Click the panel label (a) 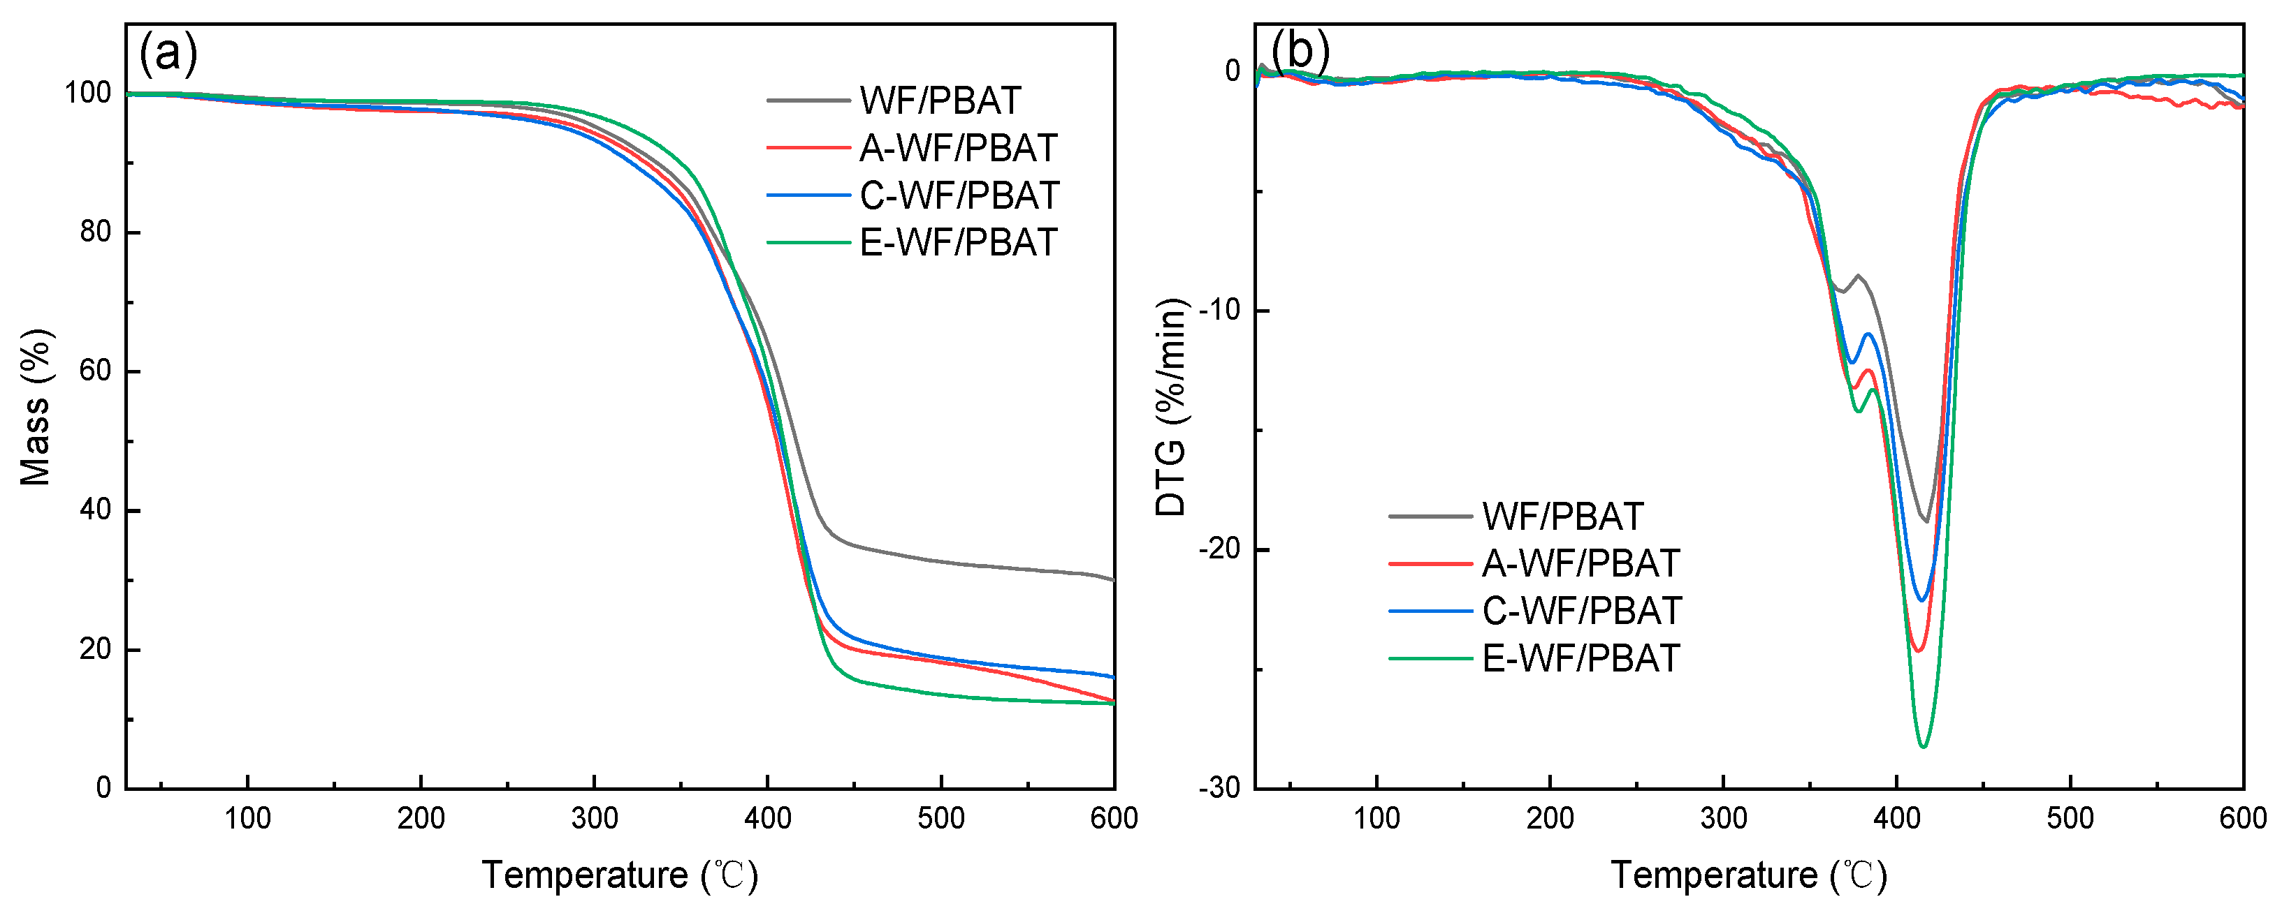pyautogui.click(x=168, y=53)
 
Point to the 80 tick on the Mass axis pyautogui.click(x=95, y=232)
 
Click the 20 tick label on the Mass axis pyautogui.click(x=95, y=649)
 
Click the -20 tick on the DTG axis pyautogui.click(x=1223, y=549)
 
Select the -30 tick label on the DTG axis pyautogui.click(x=1223, y=789)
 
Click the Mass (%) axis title pyautogui.click(x=36, y=407)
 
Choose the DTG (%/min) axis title pyautogui.click(x=1171, y=407)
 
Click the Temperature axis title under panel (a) pyautogui.click(x=619, y=875)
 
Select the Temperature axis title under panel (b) pyautogui.click(x=1748, y=875)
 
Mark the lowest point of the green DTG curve pyautogui.click(x=1924, y=747)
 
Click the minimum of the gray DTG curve pyautogui.click(x=1926, y=521)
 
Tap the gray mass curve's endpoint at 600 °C pyautogui.click(x=1113, y=580)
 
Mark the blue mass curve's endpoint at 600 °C pyautogui.click(x=1113, y=678)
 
